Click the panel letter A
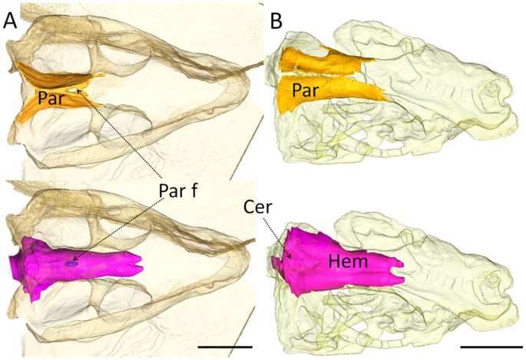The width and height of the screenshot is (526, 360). [11, 22]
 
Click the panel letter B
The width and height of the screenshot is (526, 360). [278, 22]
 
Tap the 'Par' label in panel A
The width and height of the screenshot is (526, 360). [51, 99]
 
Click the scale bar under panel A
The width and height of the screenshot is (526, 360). [225, 347]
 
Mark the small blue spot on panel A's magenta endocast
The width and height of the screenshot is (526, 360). [71, 263]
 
